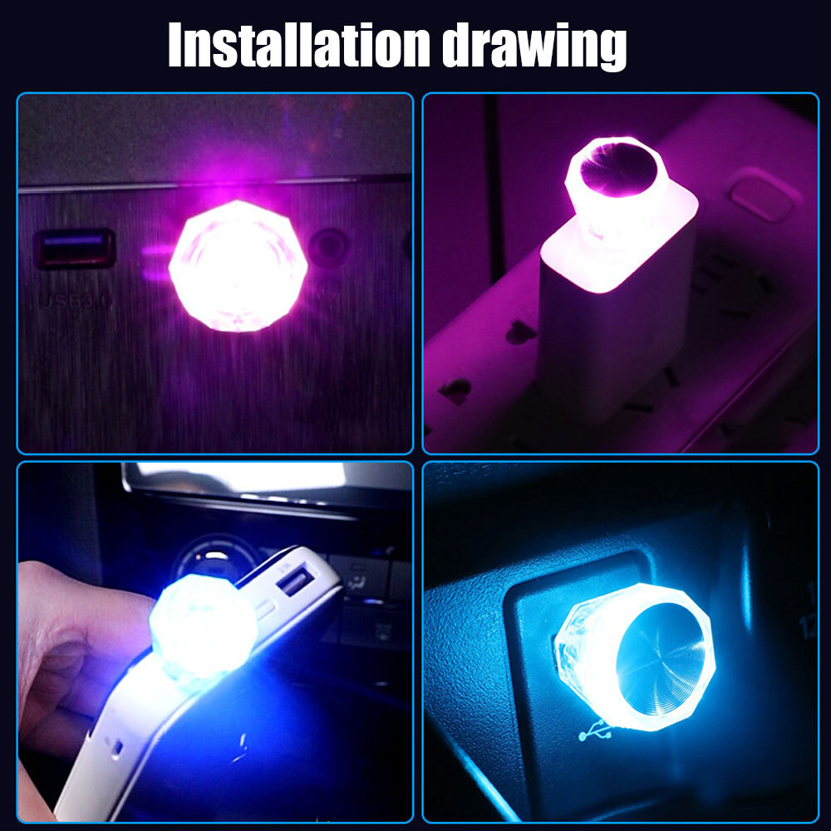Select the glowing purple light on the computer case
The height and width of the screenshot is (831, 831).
click(238, 264)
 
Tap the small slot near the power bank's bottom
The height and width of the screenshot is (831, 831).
click(117, 746)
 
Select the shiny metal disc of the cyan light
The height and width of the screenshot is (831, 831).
click(661, 656)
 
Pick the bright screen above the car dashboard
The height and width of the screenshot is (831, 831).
click(241, 477)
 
